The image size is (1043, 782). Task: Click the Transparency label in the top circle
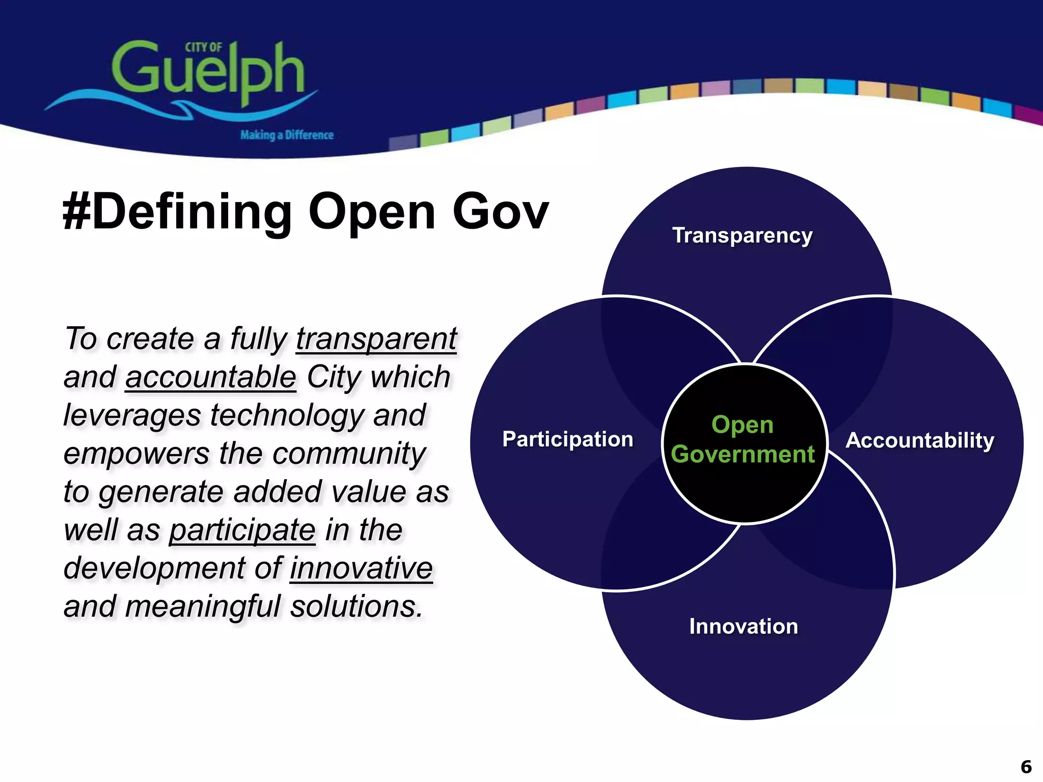[x=742, y=236]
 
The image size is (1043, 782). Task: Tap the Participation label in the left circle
[x=567, y=439]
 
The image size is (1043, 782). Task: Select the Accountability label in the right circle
[x=920, y=440]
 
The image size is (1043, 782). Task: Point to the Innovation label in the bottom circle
[x=743, y=626]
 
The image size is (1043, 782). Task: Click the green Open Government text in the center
[x=743, y=439]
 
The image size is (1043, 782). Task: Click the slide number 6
[x=1026, y=767]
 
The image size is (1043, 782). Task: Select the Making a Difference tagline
[x=287, y=135]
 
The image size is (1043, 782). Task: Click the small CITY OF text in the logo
[x=203, y=47]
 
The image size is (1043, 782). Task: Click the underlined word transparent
[x=376, y=339]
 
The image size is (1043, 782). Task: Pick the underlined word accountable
[x=210, y=377]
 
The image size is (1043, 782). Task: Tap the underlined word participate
[x=242, y=530]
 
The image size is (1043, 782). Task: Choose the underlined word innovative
[x=361, y=568]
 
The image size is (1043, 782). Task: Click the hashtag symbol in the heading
[x=76, y=212]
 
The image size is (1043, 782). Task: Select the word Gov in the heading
[x=500, y=212]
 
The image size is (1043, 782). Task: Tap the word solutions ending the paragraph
[x=356, y=606]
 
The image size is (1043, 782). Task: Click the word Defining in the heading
[x=192, y=212]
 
